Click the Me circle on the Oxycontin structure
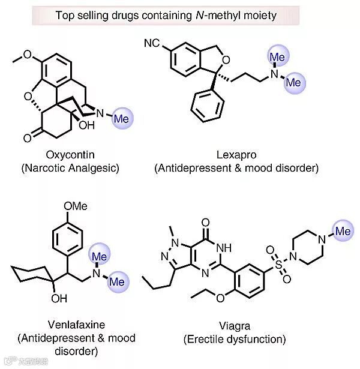click(121, 118)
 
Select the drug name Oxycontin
click(70, 155)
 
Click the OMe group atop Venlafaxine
click(75, 206)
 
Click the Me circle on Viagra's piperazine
click(342, 230)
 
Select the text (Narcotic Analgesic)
click(70, 169)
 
